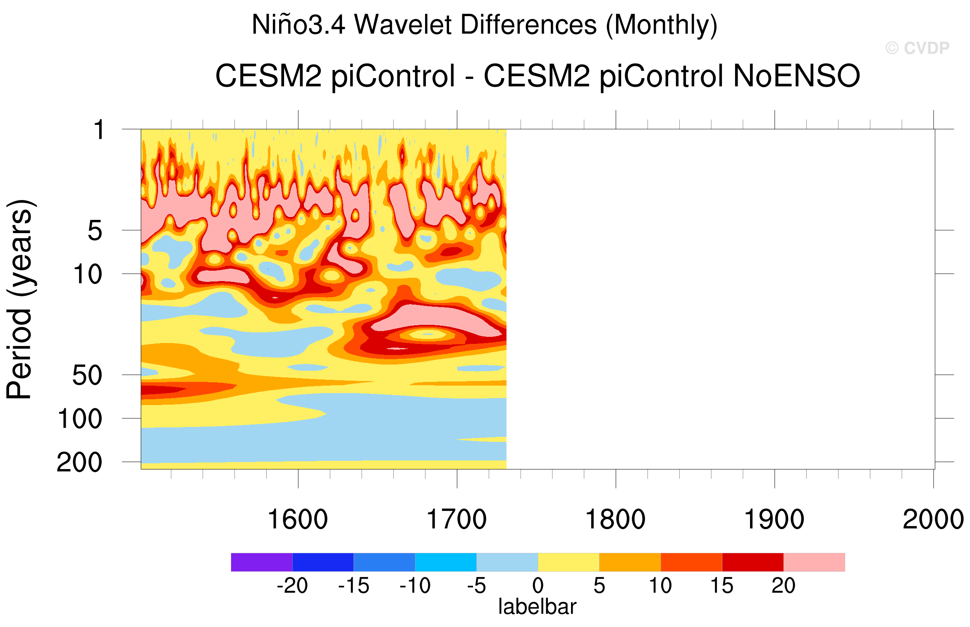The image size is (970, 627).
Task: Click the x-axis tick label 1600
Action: pos(298,519)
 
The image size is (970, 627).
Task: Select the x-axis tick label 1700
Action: pos(456,519)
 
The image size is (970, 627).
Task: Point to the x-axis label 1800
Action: pos(615,519)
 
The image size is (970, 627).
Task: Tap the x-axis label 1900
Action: pos(774,519)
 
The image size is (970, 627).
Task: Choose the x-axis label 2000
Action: pos(933,519)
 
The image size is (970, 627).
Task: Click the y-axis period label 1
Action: pos(99,130)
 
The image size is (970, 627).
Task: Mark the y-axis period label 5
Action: pos(95,230)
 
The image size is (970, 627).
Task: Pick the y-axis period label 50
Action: pos(87,375)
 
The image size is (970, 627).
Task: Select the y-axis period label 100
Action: pos(80,419)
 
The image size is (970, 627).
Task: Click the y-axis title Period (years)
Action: pos(19,299)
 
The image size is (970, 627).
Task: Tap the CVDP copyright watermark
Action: pos(917,48)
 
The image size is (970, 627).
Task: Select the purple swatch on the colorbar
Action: pos(261,562)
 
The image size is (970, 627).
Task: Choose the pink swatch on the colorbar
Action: pos(814,562)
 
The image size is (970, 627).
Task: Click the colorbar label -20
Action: pos(292,586)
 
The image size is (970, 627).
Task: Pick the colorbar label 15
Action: pos(722,586)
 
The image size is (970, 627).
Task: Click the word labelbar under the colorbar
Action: pos(537,607)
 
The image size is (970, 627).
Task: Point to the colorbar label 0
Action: pos(538,586)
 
